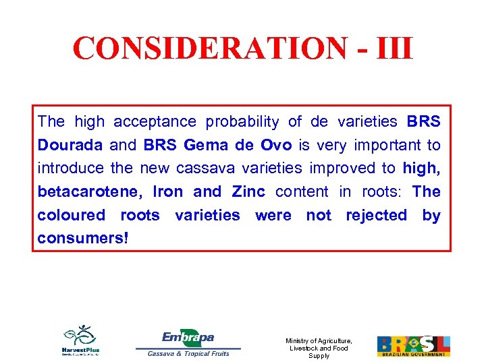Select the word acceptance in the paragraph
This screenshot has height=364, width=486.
(x=155, y=122)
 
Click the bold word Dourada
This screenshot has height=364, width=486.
(x=70, y=145)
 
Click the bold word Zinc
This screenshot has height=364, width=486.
(x=249, y=192)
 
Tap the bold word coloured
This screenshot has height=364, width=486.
(x=71, y=216)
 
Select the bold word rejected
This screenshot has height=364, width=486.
(x=376, y=216)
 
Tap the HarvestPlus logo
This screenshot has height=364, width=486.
(x=81, y=340)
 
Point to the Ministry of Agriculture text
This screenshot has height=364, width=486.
(x=319, y=348)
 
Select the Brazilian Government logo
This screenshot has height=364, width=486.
(x=413, y=346)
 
